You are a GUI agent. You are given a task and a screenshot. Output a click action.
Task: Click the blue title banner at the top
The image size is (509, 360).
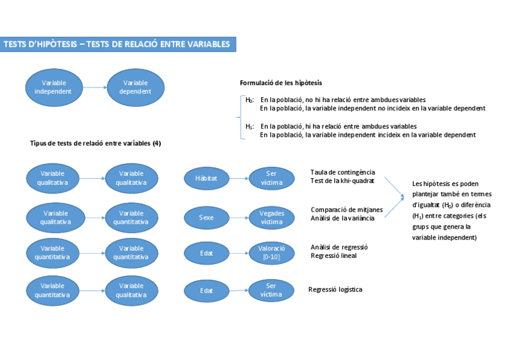[x=118, y=44]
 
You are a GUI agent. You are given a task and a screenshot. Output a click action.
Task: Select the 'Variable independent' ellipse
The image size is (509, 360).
[x=54, y=88]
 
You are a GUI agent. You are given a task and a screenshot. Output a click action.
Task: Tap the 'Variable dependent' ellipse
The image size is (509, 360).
[x=136, y=88]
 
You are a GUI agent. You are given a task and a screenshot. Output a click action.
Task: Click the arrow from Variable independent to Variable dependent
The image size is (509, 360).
[x=95, y=88]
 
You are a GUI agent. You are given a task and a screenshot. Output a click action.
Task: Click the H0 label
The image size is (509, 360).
[x=250, y=100]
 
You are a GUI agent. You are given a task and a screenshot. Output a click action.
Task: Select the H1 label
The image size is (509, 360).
[x=250, y=127]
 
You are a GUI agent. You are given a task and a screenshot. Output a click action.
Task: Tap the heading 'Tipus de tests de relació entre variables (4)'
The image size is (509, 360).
[x=95, y=143]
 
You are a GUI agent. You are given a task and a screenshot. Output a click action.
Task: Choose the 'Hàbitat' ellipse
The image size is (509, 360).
[x=206, y=178]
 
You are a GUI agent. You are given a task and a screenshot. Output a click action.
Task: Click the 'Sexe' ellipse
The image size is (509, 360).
[x=206, y=217]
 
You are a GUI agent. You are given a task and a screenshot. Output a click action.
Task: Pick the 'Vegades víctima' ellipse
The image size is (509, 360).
[x=272, y=217]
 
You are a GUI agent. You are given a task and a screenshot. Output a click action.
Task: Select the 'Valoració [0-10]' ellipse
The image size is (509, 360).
[x=272, y=253]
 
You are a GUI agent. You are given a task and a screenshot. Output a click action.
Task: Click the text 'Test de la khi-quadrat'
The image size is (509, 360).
[x=342, y=181]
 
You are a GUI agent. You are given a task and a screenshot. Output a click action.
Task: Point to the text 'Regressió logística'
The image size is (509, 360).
[x=336, y=289]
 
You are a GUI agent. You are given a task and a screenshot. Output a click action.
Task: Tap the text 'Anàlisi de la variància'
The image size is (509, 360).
[x=343, y=218]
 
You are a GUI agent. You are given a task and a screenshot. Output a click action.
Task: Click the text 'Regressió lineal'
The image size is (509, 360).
[x=334, y=256]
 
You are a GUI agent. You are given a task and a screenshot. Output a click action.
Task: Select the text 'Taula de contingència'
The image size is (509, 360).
[x=343, y=173]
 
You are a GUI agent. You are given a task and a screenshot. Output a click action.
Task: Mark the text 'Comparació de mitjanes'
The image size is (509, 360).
[x=346, y=209]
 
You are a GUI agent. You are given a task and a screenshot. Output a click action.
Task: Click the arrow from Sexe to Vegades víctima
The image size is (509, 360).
[x=239, y=217]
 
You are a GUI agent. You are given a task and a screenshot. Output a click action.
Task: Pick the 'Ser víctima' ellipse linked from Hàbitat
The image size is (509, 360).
[x=272, y=178]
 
